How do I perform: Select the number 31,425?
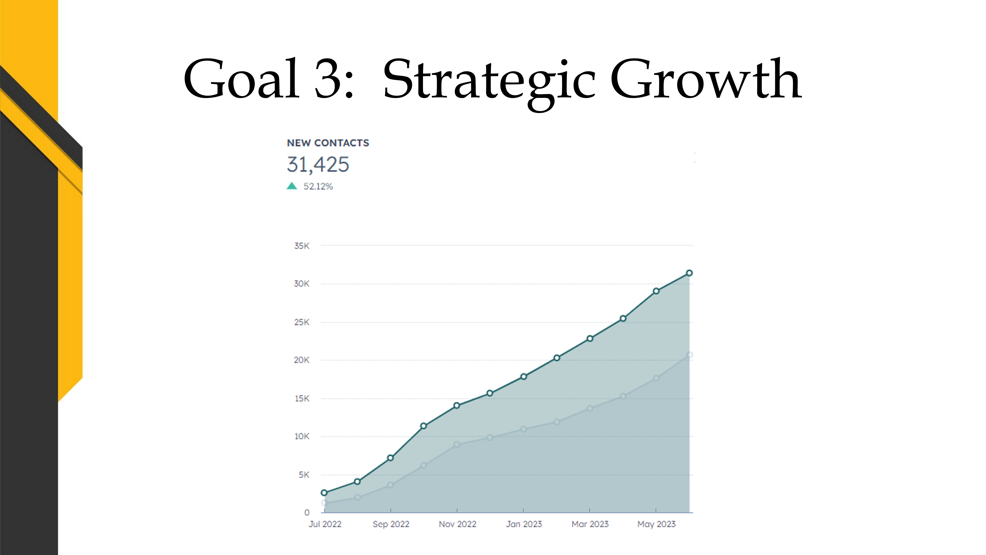click(x=318, y=165)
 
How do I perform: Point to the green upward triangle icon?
click(x=292, y=186)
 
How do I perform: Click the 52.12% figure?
click(x=318, y=187)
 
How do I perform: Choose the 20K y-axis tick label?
click(x=302, y=360)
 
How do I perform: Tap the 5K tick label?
click(x=304, y=475)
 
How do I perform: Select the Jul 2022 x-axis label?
click(x=325, y=524)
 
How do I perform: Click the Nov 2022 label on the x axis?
click(x=457, y=524)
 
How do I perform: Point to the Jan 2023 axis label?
click(x=524, y=524)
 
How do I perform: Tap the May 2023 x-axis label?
click(x=656, y=524)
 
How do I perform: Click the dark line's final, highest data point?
click(x=689, y=273)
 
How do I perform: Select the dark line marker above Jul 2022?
click(x=324, y=493)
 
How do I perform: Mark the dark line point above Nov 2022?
click(x=457, y=406)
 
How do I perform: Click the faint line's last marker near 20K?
click(x=689, y=355)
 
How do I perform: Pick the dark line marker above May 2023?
click(x=656, y=291)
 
